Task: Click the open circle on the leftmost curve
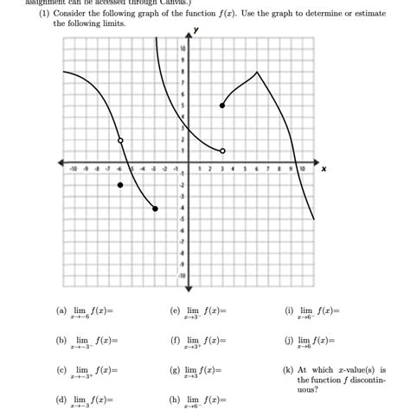tap(120, 140)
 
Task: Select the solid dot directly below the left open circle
tap(120, 185)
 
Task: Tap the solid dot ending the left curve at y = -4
tap(155, 208)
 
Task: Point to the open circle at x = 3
tap(223, 150)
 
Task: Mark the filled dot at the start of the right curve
tap(223, 106)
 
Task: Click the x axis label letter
tap(324, 170)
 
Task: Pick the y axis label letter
tap(196, 29)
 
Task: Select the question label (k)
tap(289, 369)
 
